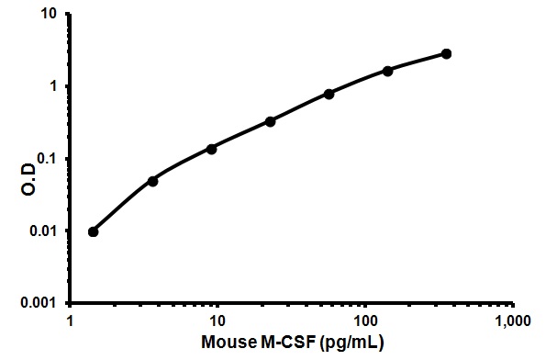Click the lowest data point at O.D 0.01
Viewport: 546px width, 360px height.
point(94,231)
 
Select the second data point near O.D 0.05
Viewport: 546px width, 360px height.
point(152,181)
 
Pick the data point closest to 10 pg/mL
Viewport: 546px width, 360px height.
point(211,149)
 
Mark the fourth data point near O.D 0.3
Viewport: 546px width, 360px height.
point(270,121)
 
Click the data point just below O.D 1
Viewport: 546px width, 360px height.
point(329,94)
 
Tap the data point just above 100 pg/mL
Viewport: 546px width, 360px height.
point(387,71)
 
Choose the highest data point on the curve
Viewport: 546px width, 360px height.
point(446,53)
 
